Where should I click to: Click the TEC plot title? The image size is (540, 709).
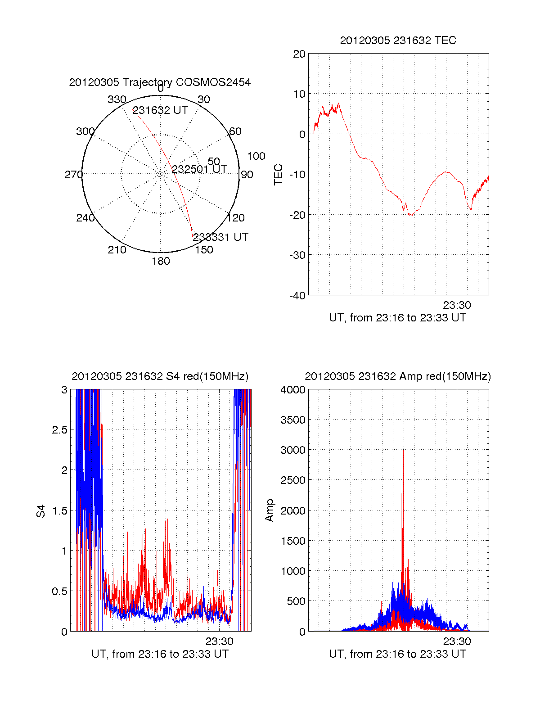398,41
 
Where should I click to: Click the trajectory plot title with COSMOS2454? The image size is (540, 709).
160,82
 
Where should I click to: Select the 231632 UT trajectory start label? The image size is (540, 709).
160,110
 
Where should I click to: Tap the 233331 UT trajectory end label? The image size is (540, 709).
220,237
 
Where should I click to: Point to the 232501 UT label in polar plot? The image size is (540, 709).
199,169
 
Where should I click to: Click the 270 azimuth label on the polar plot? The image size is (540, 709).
73,175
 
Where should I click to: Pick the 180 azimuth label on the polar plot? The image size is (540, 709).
161,261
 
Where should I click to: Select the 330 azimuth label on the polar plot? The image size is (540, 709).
117,99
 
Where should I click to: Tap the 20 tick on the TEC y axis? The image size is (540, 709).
299,54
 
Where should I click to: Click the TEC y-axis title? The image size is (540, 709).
279,175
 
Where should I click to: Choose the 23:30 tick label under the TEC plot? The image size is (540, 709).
457,305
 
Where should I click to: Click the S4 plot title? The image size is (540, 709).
160,376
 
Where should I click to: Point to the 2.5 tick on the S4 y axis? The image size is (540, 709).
60,430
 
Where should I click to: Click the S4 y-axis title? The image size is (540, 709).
41,511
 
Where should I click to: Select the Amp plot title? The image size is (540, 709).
398,376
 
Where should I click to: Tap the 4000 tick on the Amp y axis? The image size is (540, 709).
293,390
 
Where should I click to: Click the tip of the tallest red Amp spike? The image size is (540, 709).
403,451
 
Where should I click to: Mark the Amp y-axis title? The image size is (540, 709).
270,510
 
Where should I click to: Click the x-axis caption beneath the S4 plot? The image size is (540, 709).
160,654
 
